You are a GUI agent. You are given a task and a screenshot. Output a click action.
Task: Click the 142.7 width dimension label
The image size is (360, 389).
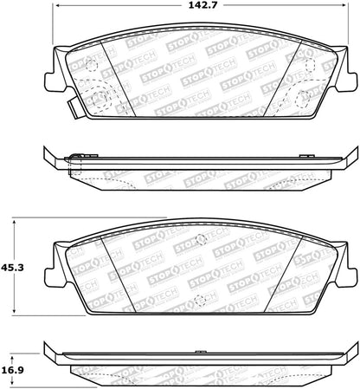tap(202, 5)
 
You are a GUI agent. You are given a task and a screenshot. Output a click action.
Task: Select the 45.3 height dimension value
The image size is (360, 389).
tap(12, 268)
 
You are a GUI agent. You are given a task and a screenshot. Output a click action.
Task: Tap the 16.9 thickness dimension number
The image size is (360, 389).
tap(12, 370)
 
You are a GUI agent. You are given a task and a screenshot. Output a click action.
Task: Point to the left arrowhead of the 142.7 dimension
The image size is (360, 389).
tap(58, 5)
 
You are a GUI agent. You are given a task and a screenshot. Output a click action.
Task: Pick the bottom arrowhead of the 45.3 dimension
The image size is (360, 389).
tap(14, 310)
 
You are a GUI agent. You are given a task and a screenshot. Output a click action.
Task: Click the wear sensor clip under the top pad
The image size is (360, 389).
tap(74, 107)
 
